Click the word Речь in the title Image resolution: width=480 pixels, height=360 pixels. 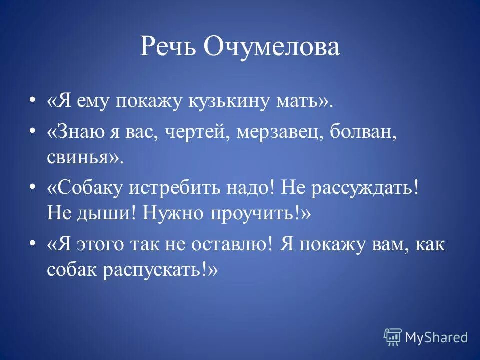(x=167, y=47)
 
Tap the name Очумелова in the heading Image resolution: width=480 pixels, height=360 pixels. (x=272, y=47)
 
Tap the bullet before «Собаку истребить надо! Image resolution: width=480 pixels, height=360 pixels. (x=33, y=186)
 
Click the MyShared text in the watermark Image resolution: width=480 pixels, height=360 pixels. (x=436, y=337)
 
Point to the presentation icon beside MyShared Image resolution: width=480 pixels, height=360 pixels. (x=393, y=337)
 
